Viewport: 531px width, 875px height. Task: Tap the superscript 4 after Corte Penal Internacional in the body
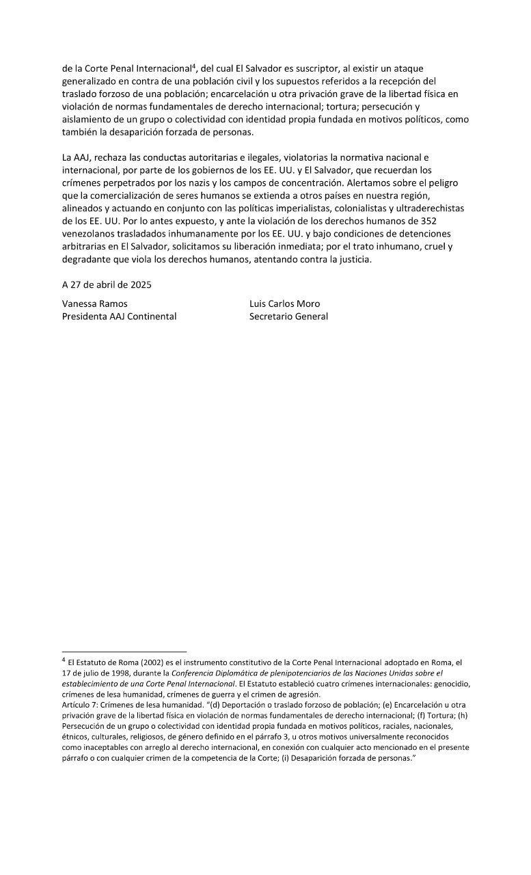coord(193,66)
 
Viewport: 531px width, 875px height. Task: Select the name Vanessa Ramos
coord(94,304)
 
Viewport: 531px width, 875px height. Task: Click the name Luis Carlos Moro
coord(284,304)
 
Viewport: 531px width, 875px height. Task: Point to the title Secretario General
coord(288,317)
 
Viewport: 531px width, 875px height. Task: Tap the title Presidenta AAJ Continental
coord(119,317)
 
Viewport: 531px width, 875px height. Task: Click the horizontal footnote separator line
coord(124,651)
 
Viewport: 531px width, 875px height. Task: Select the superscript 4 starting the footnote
coord(64,660)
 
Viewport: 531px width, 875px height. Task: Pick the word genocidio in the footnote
coord(449,684)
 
